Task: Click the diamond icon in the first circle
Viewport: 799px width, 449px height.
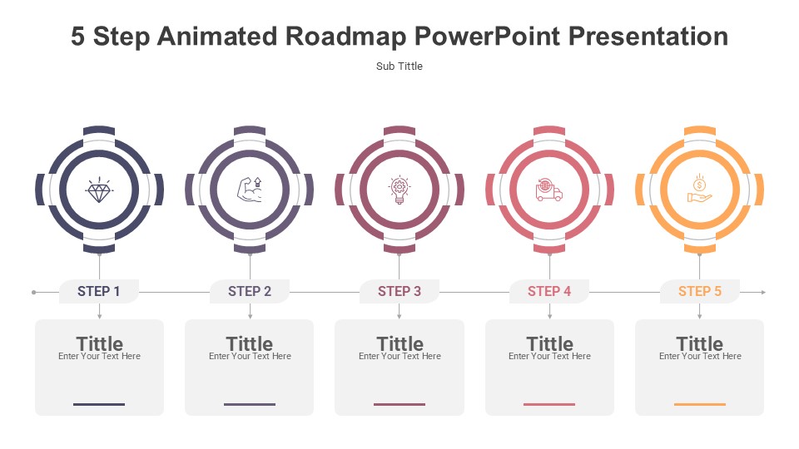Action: tap(99, 190)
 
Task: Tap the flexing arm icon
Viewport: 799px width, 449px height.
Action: tap(250, 190)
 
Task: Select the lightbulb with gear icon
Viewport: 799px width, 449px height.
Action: tap(399, 190)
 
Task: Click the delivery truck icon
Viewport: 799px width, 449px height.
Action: tap(548, 190)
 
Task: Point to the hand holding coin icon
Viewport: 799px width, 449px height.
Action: tap(700, 189)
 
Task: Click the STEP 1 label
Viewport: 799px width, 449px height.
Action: tap(99, 291)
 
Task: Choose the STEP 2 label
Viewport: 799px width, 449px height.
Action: tap(250, 291)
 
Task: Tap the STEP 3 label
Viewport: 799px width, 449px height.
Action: tap(399, 291)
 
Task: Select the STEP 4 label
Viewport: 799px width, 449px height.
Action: tap(549, 291)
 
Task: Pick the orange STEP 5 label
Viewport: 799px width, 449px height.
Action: tap(700, 291)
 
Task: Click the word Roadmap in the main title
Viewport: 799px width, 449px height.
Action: tap(345, 37)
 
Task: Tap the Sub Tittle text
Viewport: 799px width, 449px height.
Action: tap(399, 67)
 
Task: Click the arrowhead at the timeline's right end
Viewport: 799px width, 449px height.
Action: tap(763, 292)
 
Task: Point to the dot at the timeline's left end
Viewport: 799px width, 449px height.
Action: tap(33, 292)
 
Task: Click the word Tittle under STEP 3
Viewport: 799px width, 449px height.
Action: tap(400, 343)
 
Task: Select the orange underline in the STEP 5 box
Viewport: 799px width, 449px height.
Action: tap(700, 404)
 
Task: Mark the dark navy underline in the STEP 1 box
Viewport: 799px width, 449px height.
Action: tap(99, 404)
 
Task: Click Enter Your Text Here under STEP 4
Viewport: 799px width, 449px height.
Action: tap(549, 357)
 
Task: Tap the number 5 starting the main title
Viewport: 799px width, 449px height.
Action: tap(77, 37)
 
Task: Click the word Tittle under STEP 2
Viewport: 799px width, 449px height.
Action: tap(250, 343)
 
